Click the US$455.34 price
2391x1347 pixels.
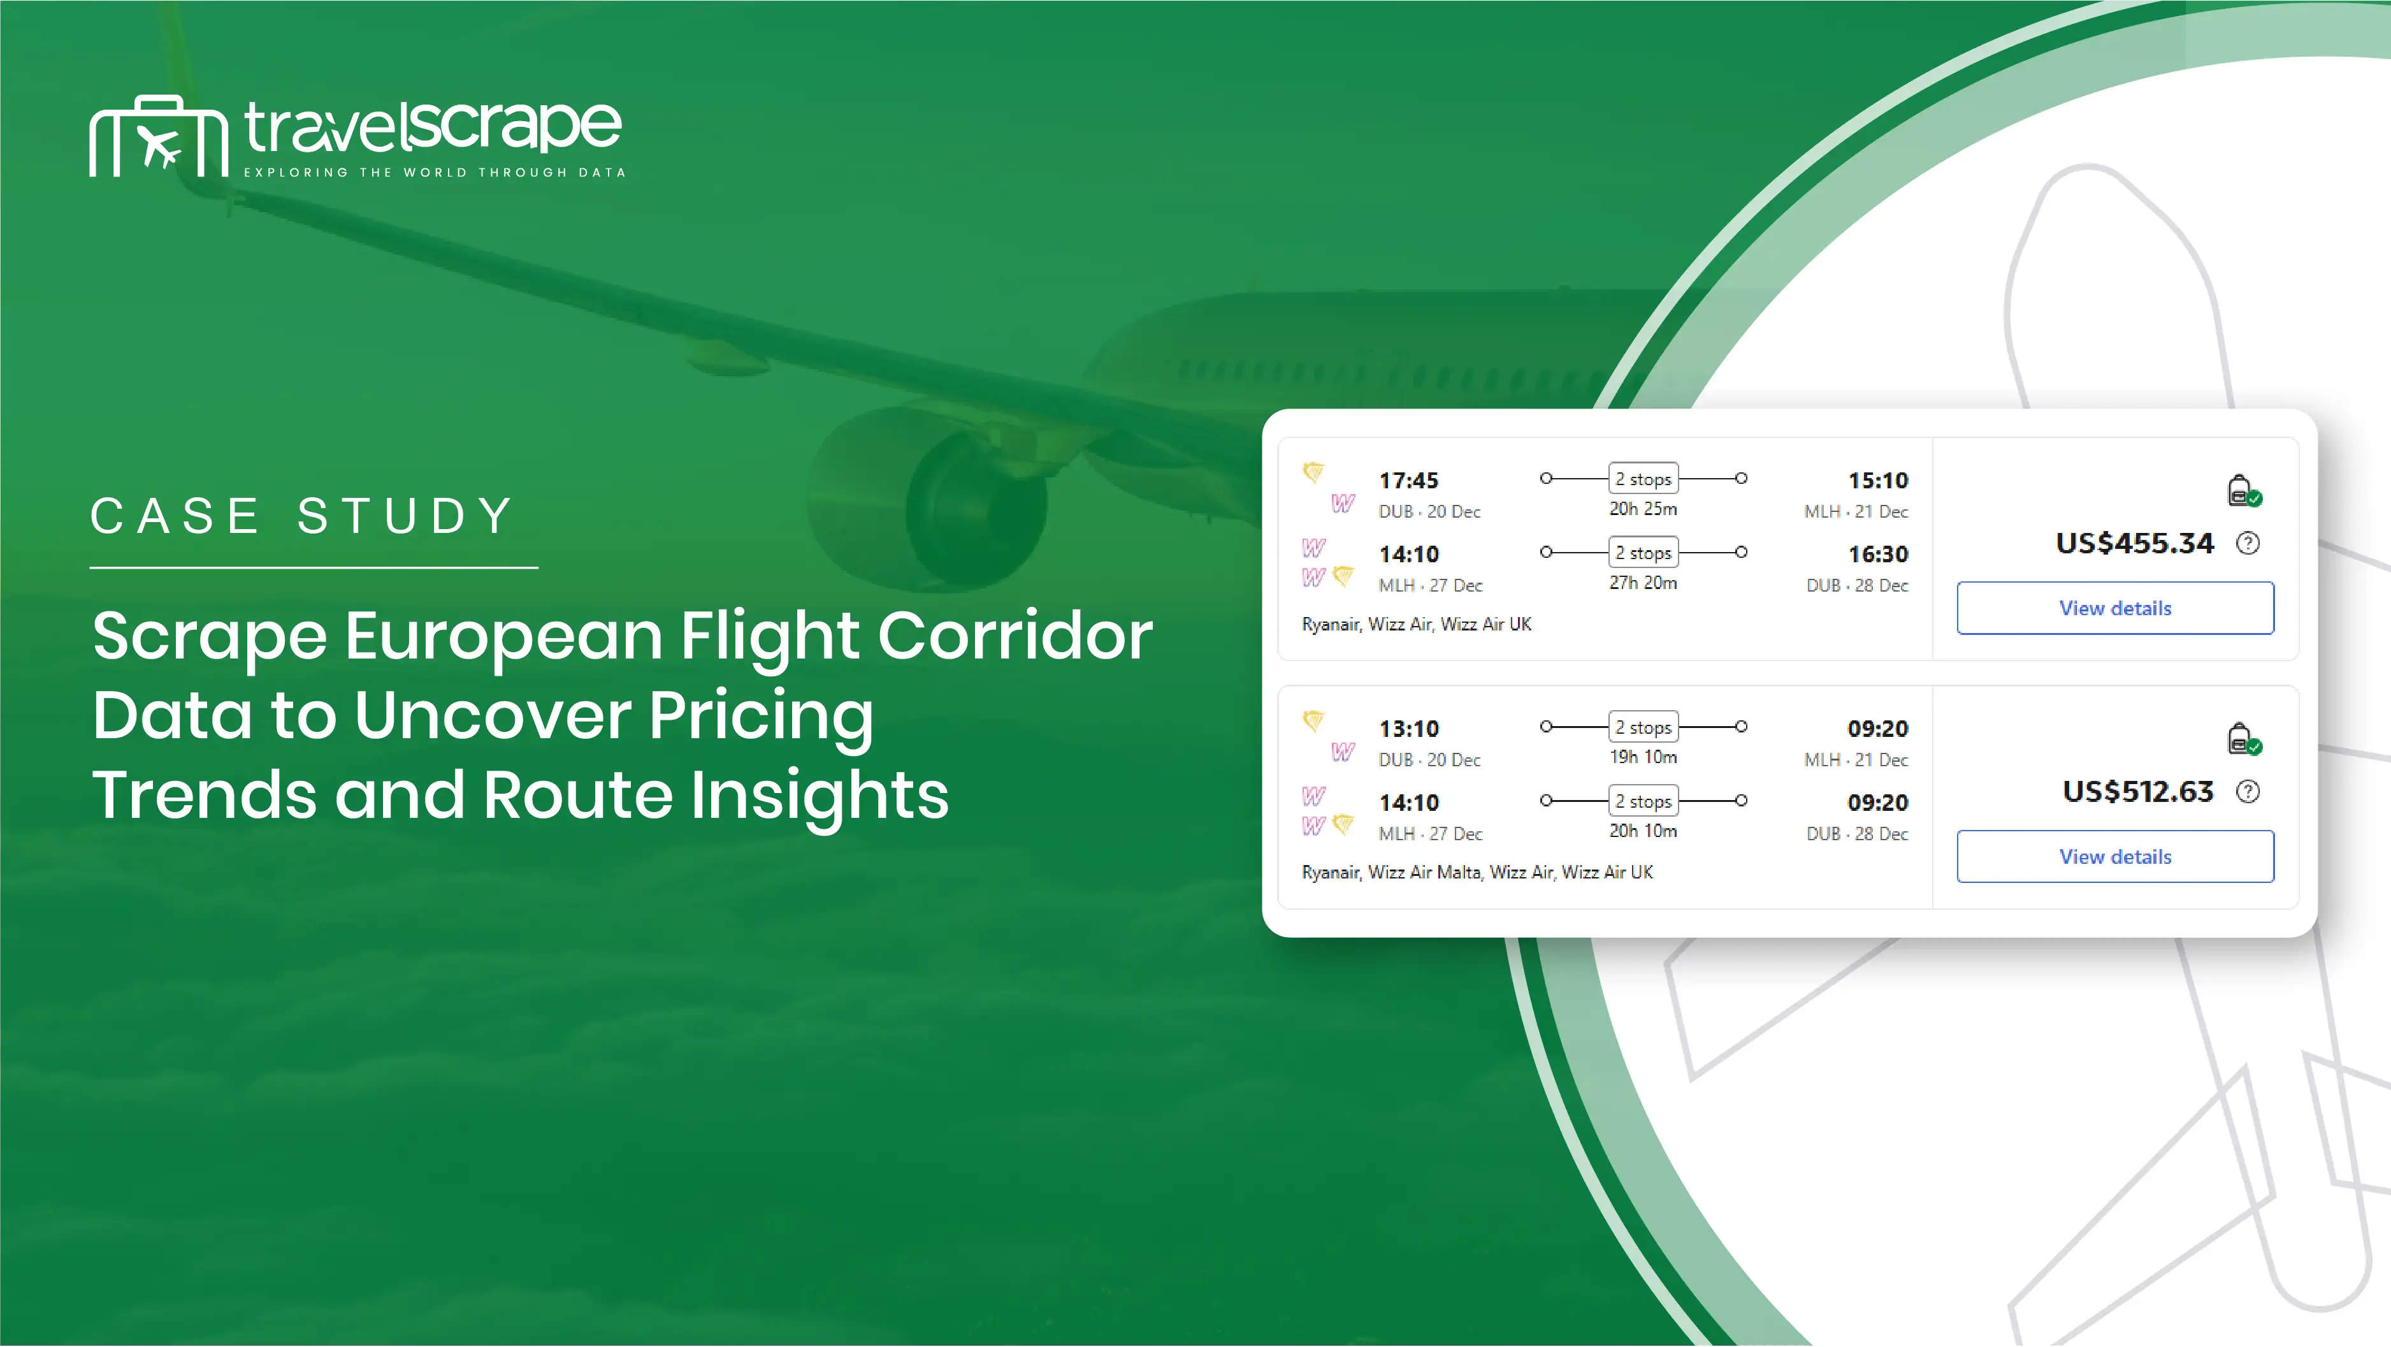2135,543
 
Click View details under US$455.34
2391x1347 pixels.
2115,608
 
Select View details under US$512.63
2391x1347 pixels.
2115,857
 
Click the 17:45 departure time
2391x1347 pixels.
1408,481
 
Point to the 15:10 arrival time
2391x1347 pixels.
1878,481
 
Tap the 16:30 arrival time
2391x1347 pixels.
1878,554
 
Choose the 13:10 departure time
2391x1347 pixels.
1408,729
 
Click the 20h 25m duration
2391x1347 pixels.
1643,509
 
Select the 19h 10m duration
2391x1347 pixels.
1643,757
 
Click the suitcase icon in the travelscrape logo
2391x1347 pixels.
159,136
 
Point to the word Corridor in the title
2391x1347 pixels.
1015,637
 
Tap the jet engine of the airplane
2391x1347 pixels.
928,501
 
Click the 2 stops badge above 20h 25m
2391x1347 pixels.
1643,479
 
